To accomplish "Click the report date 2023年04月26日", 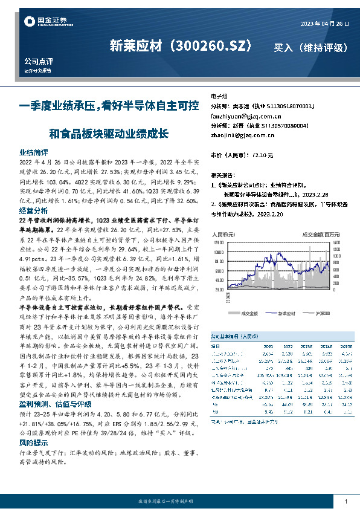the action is click(x=324, y=23).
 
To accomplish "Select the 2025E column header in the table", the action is click(x=344, y=346).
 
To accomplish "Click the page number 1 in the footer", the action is click(x=346, y=502).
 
